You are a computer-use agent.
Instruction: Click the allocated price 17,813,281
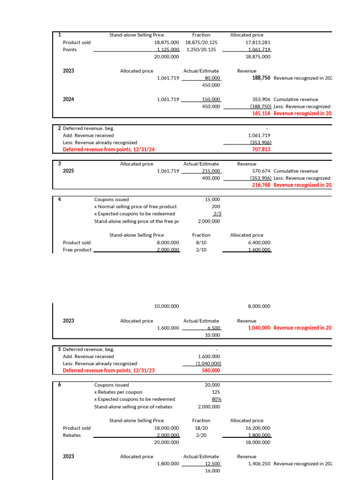(258, 42)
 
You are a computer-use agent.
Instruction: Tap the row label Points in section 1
(70, 49)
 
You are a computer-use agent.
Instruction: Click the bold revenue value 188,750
(261, 78)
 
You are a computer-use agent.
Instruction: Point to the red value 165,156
(261, 113)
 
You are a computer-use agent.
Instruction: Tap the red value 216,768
(261, 185)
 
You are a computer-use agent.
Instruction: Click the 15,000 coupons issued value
(212, 199)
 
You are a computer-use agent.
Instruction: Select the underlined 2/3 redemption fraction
(216, 214)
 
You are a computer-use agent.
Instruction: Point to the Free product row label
(77, 250)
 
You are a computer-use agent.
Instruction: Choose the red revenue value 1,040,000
(259, 328)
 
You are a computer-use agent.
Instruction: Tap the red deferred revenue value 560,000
(210, 370)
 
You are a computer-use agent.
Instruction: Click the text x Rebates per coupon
(118, 392)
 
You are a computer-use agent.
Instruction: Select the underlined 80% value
(216, 399)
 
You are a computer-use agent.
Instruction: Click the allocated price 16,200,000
(258, 428)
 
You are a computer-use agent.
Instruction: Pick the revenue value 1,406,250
(259, 464)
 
